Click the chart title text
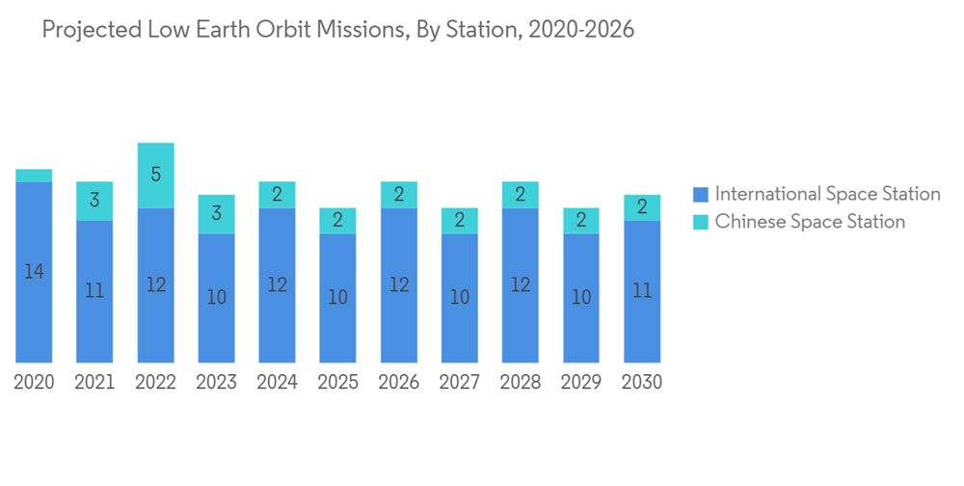click(x=338, y=30)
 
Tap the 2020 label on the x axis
click(x=34, y=383)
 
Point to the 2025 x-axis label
click(x=337, y=383)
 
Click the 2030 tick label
click(x=642, y=383)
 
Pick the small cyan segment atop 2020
click(x=34, y=175)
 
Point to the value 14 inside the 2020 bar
click(x=34, y=272)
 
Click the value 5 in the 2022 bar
click(x=155, y=175)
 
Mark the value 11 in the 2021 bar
click(x=94, y=290)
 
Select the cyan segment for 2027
click(x=460, y=220)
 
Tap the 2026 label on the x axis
click(x=399, y=383)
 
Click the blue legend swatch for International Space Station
click(x=701, y=195)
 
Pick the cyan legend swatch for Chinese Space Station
click(x=701, y=223)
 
